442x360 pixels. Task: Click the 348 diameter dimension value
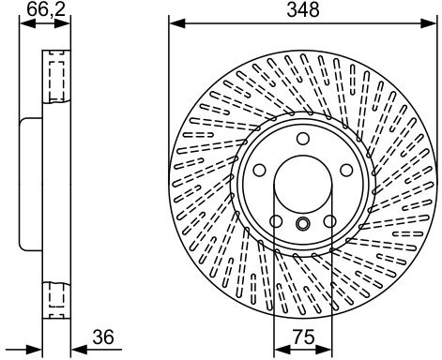[x=303, y=10]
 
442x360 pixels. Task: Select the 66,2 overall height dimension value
[x=46, y=9]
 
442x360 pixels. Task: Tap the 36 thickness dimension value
[x=103, y=337]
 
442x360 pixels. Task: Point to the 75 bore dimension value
[x=303, y=337]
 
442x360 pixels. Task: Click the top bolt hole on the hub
[x=303, y=139]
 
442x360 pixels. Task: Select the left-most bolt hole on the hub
[x=259, y=170]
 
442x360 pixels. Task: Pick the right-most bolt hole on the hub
[x=346, y=170]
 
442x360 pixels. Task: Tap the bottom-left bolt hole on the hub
[x=276, y=221]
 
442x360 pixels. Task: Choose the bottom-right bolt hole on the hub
[x=329, y=221]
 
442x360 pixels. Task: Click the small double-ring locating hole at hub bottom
[x=303, y=223]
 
